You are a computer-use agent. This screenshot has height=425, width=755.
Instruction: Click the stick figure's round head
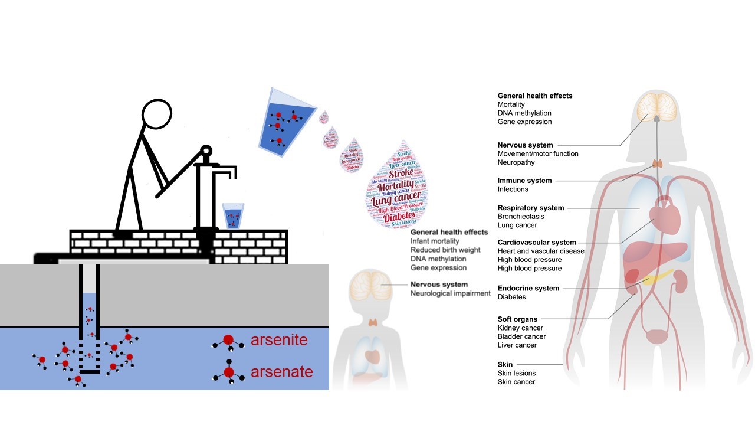click(x=157, y=113)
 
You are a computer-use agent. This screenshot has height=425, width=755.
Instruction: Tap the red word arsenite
click(x=279, y=341)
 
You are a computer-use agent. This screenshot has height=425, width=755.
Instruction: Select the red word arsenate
click(x=281, y=372)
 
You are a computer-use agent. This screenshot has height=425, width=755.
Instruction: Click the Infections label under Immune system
click(x=513, y=189)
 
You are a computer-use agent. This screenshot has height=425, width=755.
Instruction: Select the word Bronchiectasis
click(x=521, y=217)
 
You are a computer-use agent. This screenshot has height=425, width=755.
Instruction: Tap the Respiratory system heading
click(x=531, y=208)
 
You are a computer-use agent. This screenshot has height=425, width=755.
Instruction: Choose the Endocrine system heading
click(x=528, y=289)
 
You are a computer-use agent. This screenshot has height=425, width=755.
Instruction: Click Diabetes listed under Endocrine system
click(x=511, y=297)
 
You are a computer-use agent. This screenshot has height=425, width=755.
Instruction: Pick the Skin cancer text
click(x=516, y=382)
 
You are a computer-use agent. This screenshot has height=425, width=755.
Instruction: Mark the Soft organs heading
click(x=517, y=319)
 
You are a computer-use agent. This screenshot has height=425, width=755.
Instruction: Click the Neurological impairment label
click(x=451, y=293)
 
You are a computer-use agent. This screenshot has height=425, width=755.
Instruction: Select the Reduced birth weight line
click(x=445, y=250)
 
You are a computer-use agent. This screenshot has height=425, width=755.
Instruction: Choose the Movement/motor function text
click(x=538, y=154)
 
